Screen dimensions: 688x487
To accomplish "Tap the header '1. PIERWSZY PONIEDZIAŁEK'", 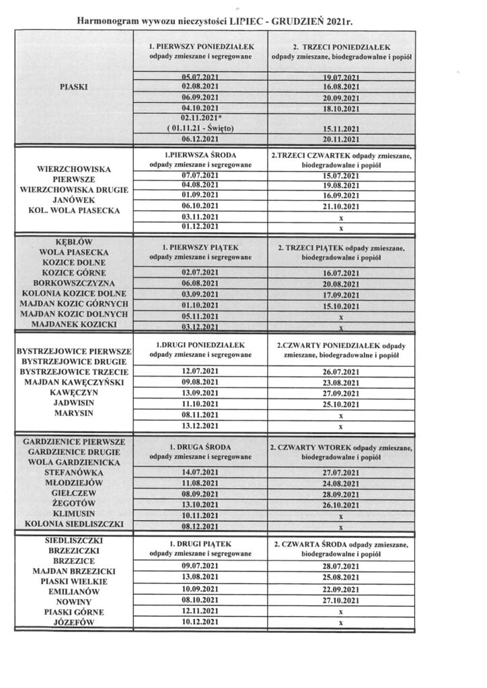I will pyautogui.click(x=200, y=48).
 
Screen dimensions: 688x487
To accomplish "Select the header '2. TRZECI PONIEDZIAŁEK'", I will pyautogui.click(x=341, y=48).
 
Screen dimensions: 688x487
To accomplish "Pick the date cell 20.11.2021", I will pyautogui.click(x=341, y=138).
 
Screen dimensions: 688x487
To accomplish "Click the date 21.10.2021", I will pyautogui.click(x=341, y=206).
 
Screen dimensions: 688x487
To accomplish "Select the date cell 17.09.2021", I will pyautogui.click(x=341, y=294).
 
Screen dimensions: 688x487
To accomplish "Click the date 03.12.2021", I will pyautogui.click(x=200, y=327).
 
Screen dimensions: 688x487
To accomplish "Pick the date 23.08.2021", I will pyautogui.click(x=341, y=382).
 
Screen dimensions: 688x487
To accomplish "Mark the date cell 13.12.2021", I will pyautogui.click(x=200, y=426).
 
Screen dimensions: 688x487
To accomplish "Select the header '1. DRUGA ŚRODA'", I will pyautogui.click(x=200, y=447).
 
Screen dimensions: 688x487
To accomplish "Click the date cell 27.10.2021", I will pyautogui.click(x=341, y=601).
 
